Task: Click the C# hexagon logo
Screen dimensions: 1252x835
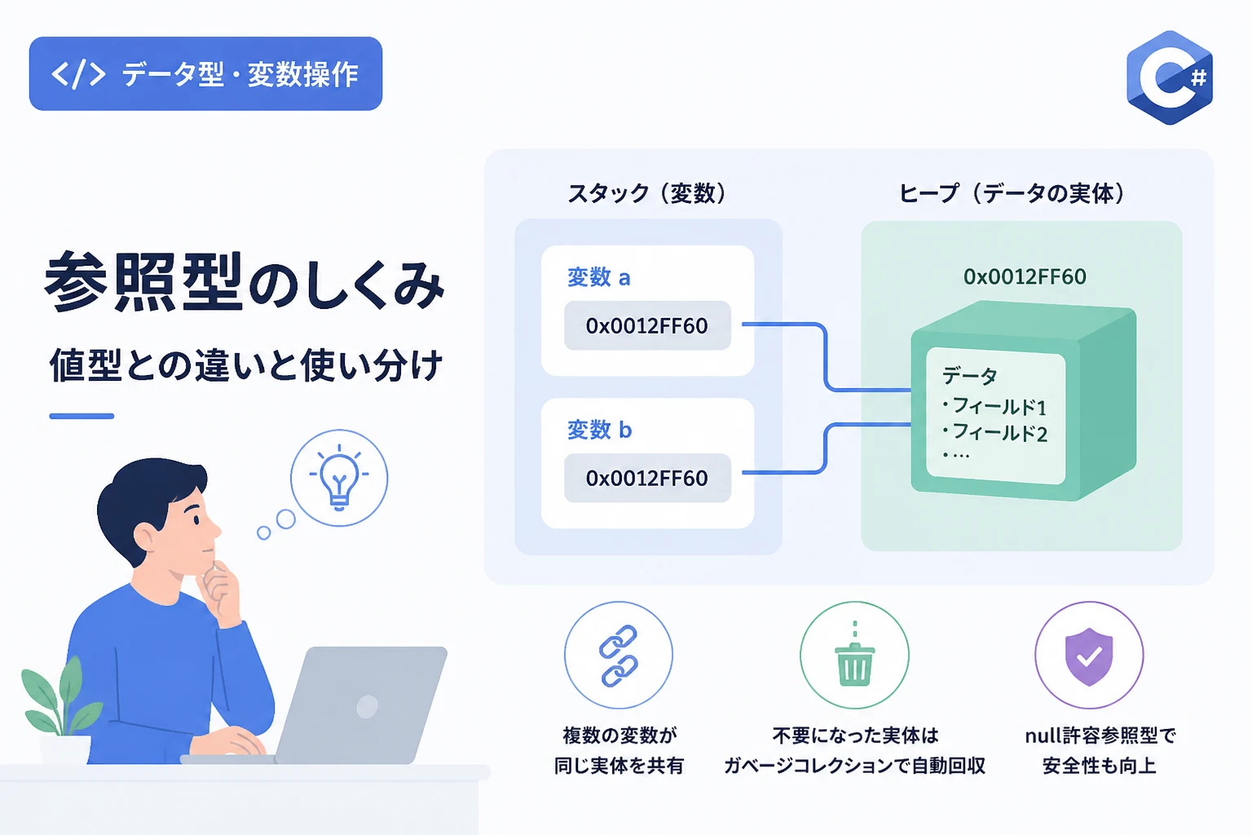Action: click(1170, 77)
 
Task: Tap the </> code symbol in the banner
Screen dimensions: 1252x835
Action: click(78, 74)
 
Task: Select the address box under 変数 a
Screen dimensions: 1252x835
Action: click(647, 325)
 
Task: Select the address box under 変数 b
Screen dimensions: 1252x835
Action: click(647, 478)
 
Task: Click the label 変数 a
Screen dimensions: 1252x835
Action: click(598, 277)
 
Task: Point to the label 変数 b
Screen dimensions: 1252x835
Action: click(599, 430)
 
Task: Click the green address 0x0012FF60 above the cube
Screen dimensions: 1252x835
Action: click(1025, 276)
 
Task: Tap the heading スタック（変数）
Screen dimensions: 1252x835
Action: click(647, 193)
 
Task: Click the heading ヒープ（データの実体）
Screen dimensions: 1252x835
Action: click(1012, 193)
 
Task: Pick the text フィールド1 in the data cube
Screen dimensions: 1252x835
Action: click(999, 406)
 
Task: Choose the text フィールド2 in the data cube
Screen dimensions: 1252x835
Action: click(999, 432)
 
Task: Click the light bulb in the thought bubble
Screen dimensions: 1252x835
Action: click(339, 477)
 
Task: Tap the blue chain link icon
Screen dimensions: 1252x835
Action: click(618, 656)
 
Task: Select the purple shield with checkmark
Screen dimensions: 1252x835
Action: click(1089, 656)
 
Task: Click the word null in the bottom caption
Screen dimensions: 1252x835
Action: click(1042, 736)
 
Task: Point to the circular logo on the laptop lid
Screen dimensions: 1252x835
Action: click(368, 706)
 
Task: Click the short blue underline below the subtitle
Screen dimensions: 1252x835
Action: click(82, 416)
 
